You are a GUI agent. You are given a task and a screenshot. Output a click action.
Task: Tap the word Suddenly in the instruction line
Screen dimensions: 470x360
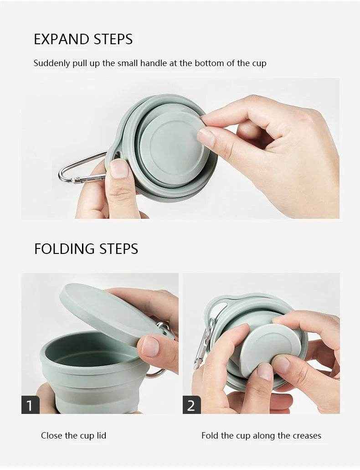point(51,63)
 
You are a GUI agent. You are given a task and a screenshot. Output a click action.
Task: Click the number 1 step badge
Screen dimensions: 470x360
point(30,405)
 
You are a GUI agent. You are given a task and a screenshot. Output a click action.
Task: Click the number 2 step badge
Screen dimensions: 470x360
point(191,405)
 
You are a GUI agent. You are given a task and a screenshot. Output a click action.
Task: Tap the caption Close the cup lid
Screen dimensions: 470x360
point(73,435)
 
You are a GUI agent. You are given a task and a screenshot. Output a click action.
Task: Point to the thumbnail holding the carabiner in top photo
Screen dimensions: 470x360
point(119,169)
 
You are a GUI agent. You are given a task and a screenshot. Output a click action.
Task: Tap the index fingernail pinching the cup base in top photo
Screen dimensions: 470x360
point(206,137)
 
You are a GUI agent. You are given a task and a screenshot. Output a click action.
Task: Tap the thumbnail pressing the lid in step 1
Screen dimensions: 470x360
point(150,346)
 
